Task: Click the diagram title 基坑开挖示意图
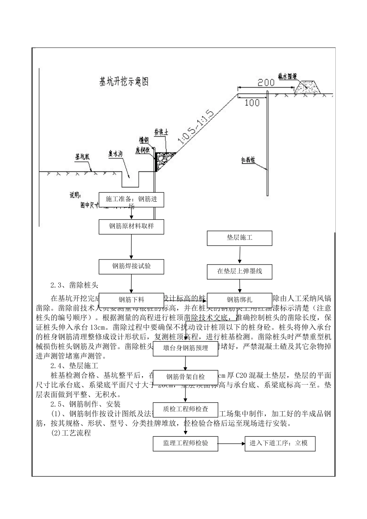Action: tap(124, 81)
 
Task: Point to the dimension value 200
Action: tap(266, 82)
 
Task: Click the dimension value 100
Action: tap(252, 103)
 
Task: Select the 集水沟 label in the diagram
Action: tap(116, 154)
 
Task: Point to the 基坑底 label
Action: tap(82, 157)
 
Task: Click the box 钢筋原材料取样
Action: tap(131, 226)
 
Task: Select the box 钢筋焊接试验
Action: tap(131, 266)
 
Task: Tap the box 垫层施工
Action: tap(240, 238)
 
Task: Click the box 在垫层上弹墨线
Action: tap(240, 271)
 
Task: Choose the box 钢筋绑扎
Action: tap(240, 299)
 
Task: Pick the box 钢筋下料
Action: tap(131, 299)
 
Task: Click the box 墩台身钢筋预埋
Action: tap(185, 348)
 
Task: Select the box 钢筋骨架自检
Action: tap(185, 377)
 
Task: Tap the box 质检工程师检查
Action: tap(185, 409)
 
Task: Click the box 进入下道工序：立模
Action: tap(280, 443)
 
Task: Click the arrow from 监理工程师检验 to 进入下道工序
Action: tap(231, 443)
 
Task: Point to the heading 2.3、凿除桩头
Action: tap(75, 286)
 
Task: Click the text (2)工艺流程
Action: tap(71, 433)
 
